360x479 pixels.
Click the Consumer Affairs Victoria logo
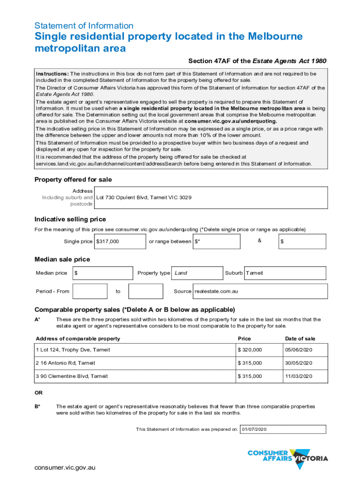tap(288, 458)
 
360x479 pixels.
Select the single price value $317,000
tap(108, 241)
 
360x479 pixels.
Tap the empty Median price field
tap(103, 273)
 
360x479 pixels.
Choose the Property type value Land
tap(181, 273)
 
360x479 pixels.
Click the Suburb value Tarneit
tap(254, 273)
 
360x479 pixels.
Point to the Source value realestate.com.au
tap(216, 291)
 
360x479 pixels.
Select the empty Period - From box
tap(90, 291)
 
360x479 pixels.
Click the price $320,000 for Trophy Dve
tap(250, 350)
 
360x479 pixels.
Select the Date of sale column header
tap(300, 339)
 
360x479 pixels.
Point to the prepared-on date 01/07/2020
tap(254, 429)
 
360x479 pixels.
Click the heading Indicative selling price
tap(70, 219)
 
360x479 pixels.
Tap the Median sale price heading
tap(62, 259)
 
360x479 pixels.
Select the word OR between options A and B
tap(39, 393)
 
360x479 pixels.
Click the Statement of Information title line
tap(84, 26)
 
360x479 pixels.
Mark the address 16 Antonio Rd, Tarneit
tap(65, 363)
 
